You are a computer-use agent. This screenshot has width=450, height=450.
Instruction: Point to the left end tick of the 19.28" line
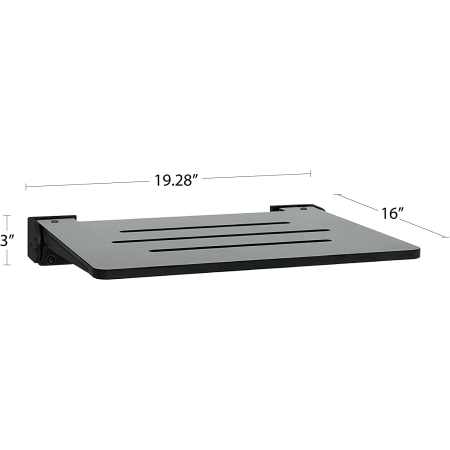(26, 187)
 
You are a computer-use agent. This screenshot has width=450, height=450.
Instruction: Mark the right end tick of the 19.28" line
(310, 173)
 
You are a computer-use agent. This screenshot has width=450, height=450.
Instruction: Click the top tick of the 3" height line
(7, 215)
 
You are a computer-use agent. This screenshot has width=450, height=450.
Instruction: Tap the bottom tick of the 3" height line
(7, 264)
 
